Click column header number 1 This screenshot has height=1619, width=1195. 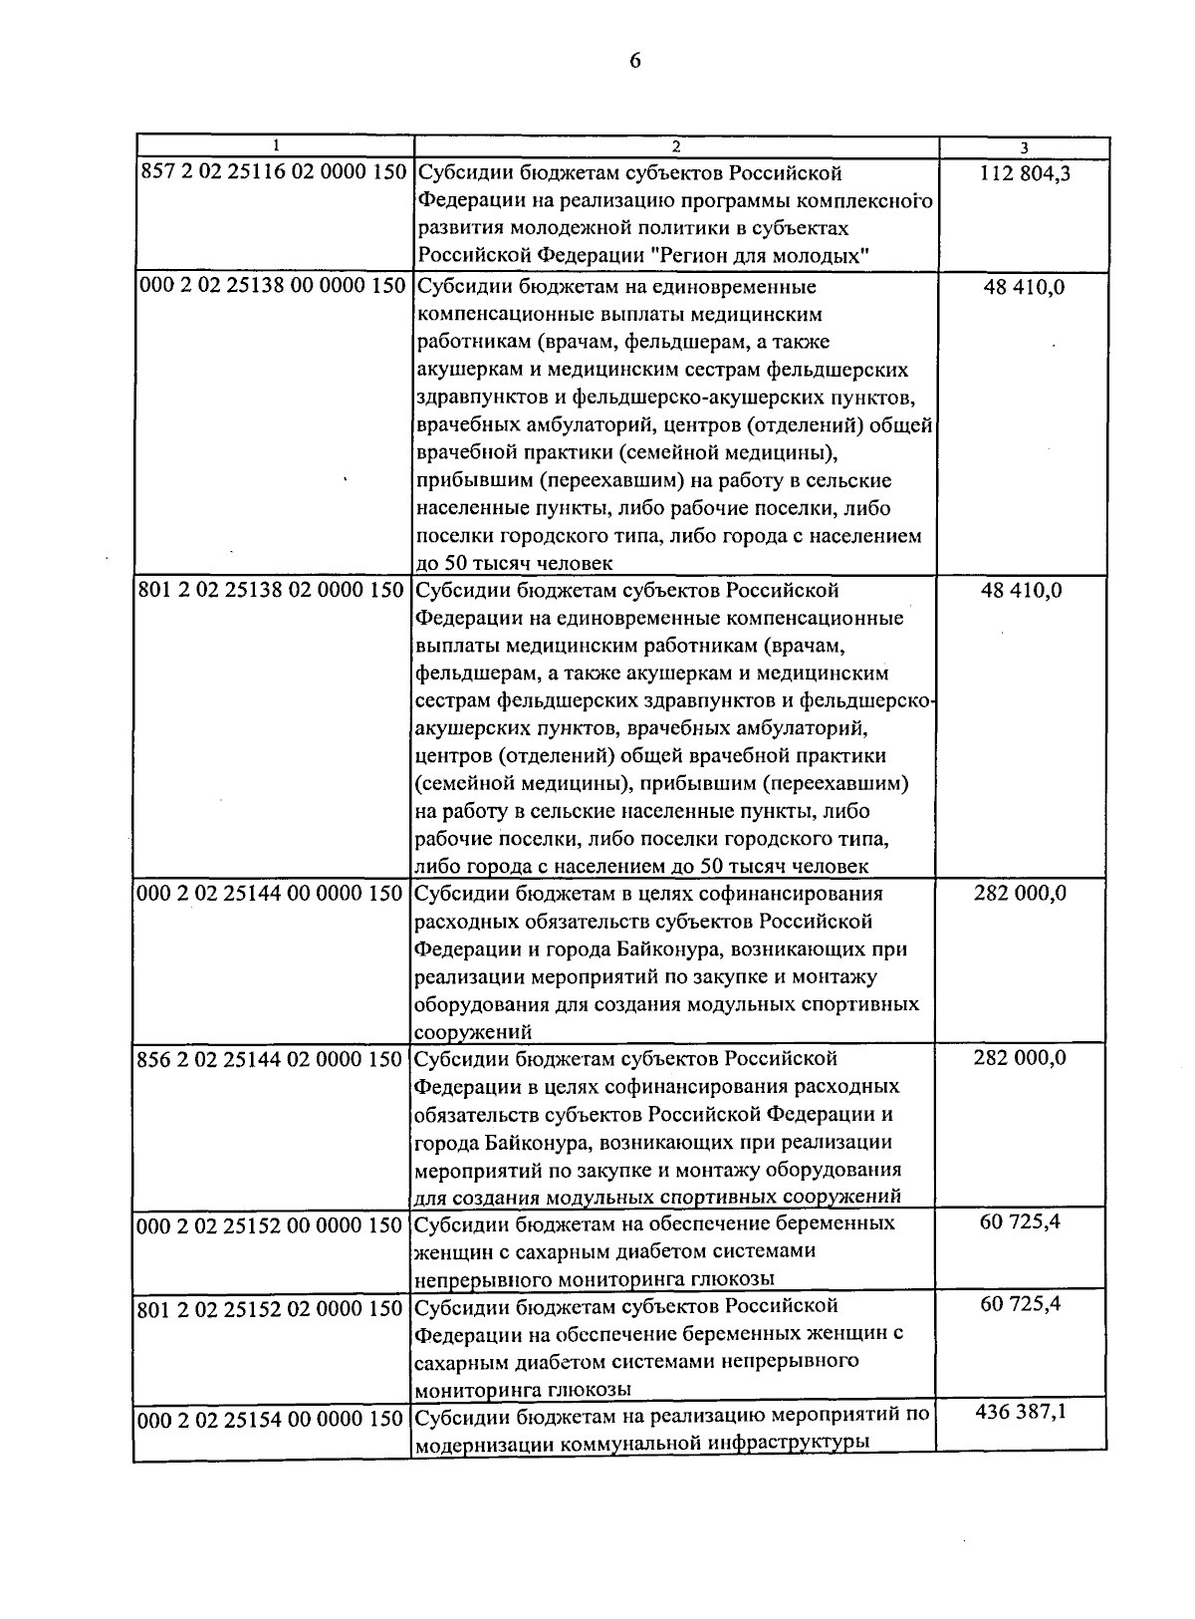click(x=276, y=146)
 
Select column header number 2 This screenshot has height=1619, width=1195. click(x=676, y=146)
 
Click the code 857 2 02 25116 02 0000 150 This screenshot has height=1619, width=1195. click(x=273, y=173)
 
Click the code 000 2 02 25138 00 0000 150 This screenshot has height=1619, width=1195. click(x=273, y=287)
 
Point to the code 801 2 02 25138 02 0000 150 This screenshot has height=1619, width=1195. click(x=273, y=590)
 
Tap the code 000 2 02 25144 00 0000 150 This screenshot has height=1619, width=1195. click(x=273, y=893)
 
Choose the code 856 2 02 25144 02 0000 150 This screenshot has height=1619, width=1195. click(x=273, y=1058)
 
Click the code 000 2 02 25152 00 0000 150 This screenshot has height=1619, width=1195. click(x=273, y=1223)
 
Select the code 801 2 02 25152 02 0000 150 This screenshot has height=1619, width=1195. click(x=273, y=1306)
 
